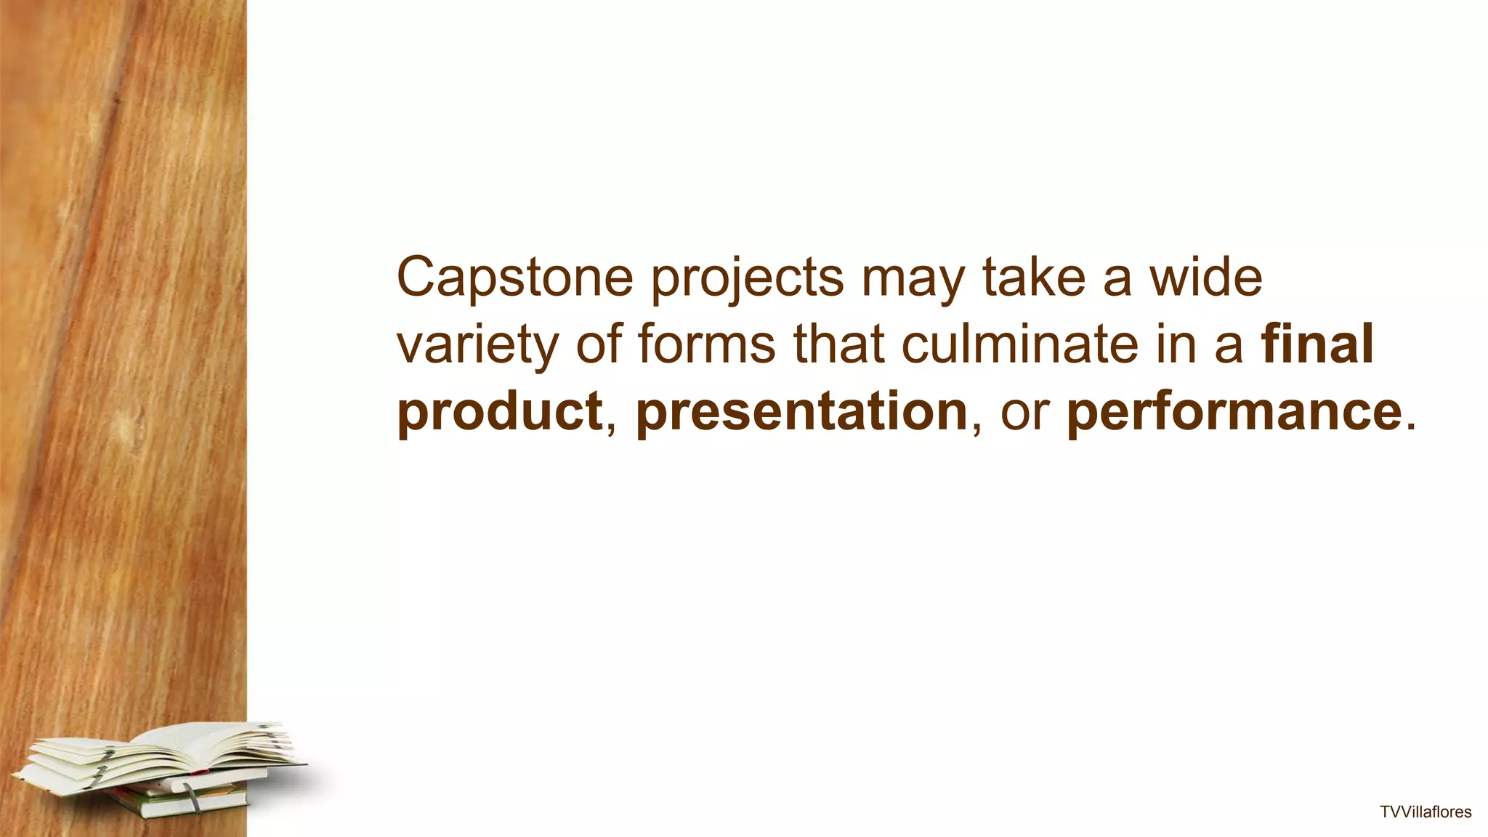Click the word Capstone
pyautogui.click(x=514, y=278)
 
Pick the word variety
pyautogui.click(x=477, y=345)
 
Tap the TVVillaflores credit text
pyautogui.click(x=1426, y=812)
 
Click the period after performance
pyautogui.click(x=1411, y=427)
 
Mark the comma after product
pyautogui.click(x=610, y=429)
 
